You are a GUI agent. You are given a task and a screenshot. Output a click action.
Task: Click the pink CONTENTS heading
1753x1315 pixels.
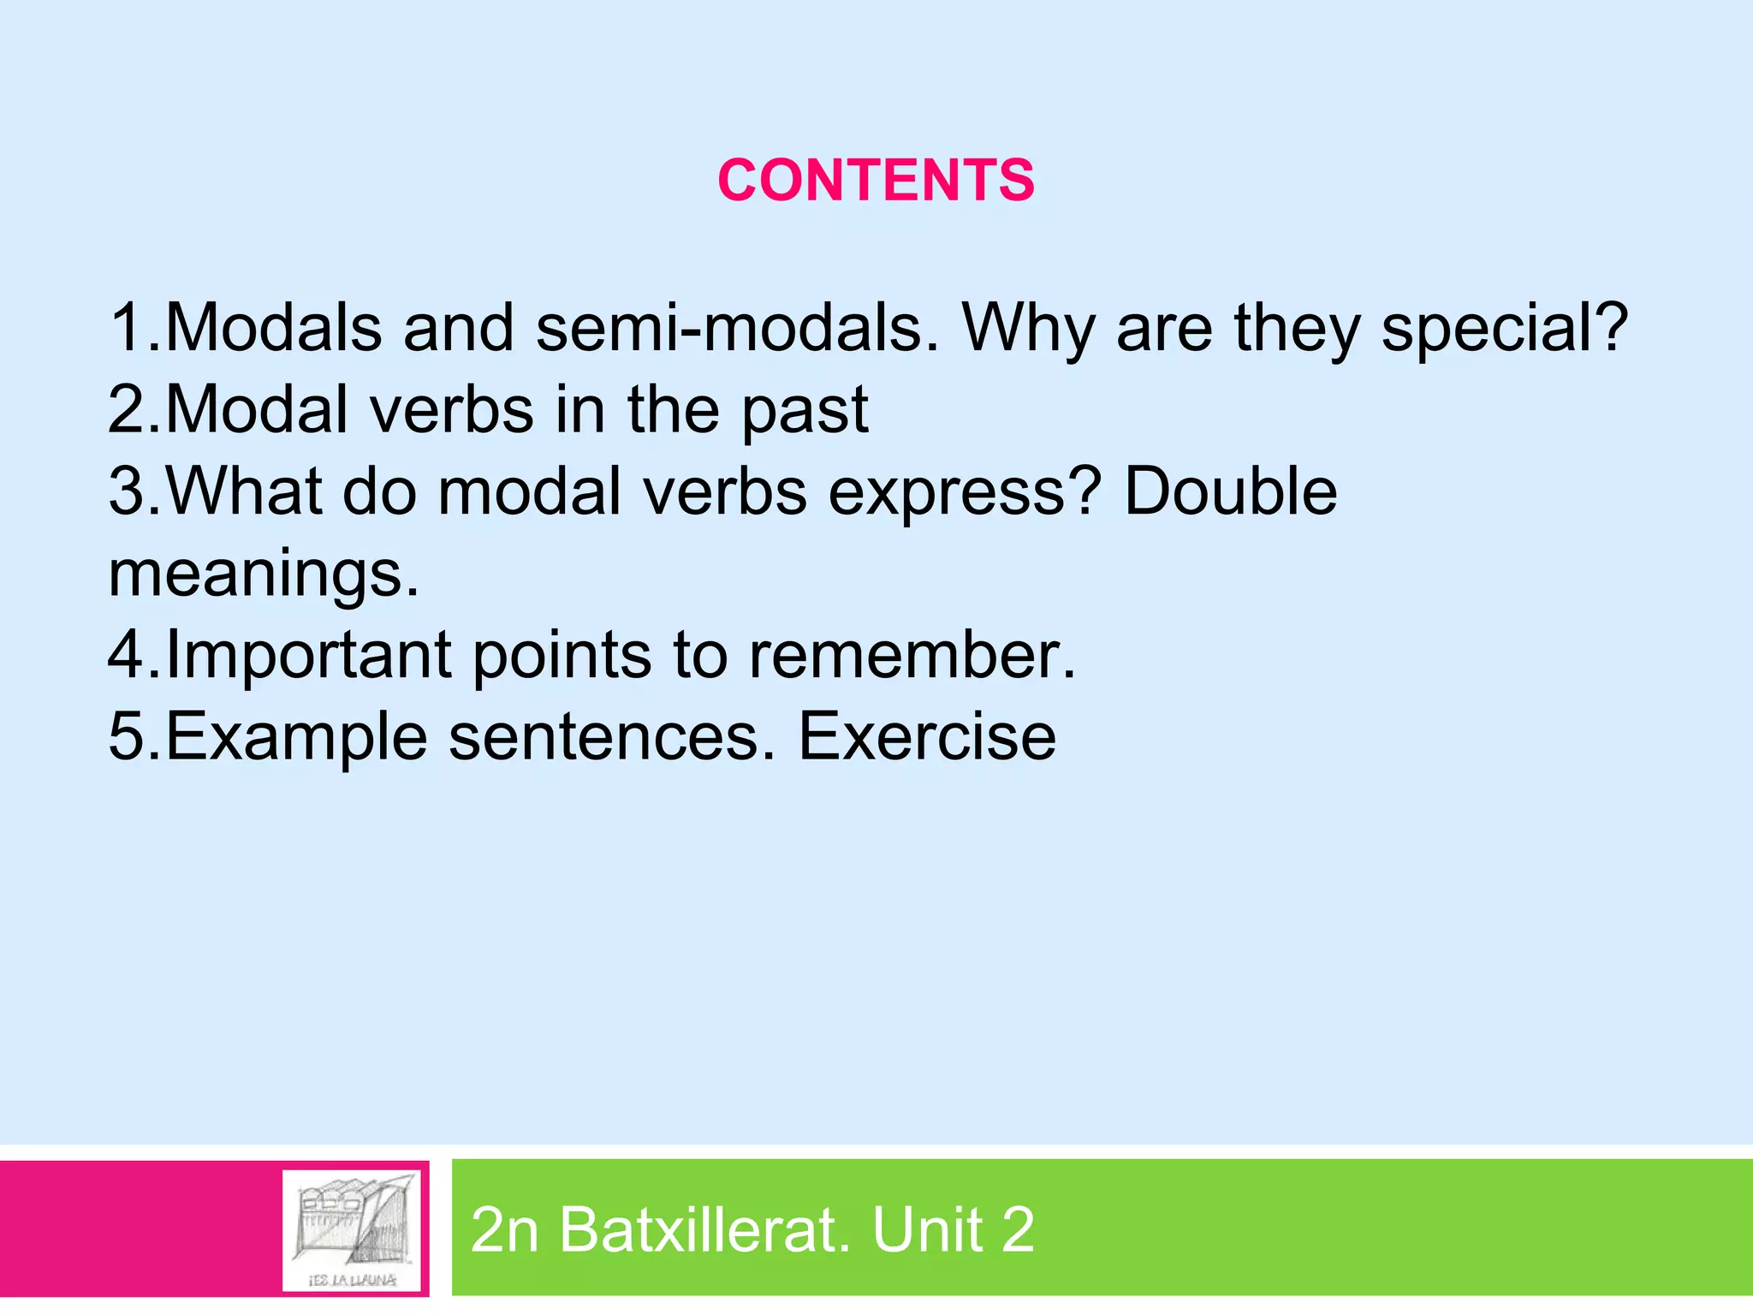[876, 181]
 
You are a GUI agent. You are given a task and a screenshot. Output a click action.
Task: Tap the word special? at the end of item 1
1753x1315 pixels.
[1504, 330]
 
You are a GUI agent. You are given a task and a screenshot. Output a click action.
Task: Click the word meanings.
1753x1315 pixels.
[264, 575]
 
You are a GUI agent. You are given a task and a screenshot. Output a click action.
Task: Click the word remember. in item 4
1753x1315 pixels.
[912, 655]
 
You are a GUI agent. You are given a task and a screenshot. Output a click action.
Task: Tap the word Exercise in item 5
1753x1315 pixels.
[927, 736]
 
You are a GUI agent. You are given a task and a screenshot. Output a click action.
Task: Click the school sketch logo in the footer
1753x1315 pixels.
[354, 1228]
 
